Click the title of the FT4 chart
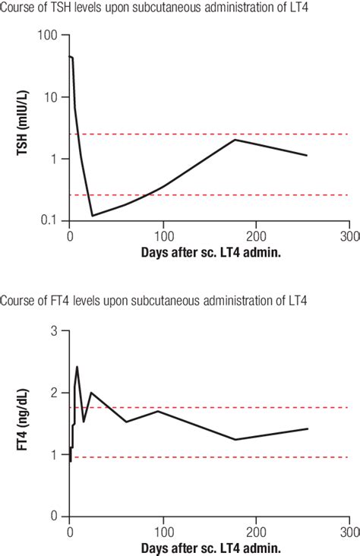click(150, 302)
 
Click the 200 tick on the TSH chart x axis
click(256, 235)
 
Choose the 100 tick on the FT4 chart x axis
click(163, 531)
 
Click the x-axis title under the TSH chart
click(210, 251)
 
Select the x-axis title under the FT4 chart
click(210, 547)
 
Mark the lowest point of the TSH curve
click(93, 216)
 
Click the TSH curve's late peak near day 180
click(235, 140)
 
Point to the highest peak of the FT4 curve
click(77, 367)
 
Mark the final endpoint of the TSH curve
click(307, 156)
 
